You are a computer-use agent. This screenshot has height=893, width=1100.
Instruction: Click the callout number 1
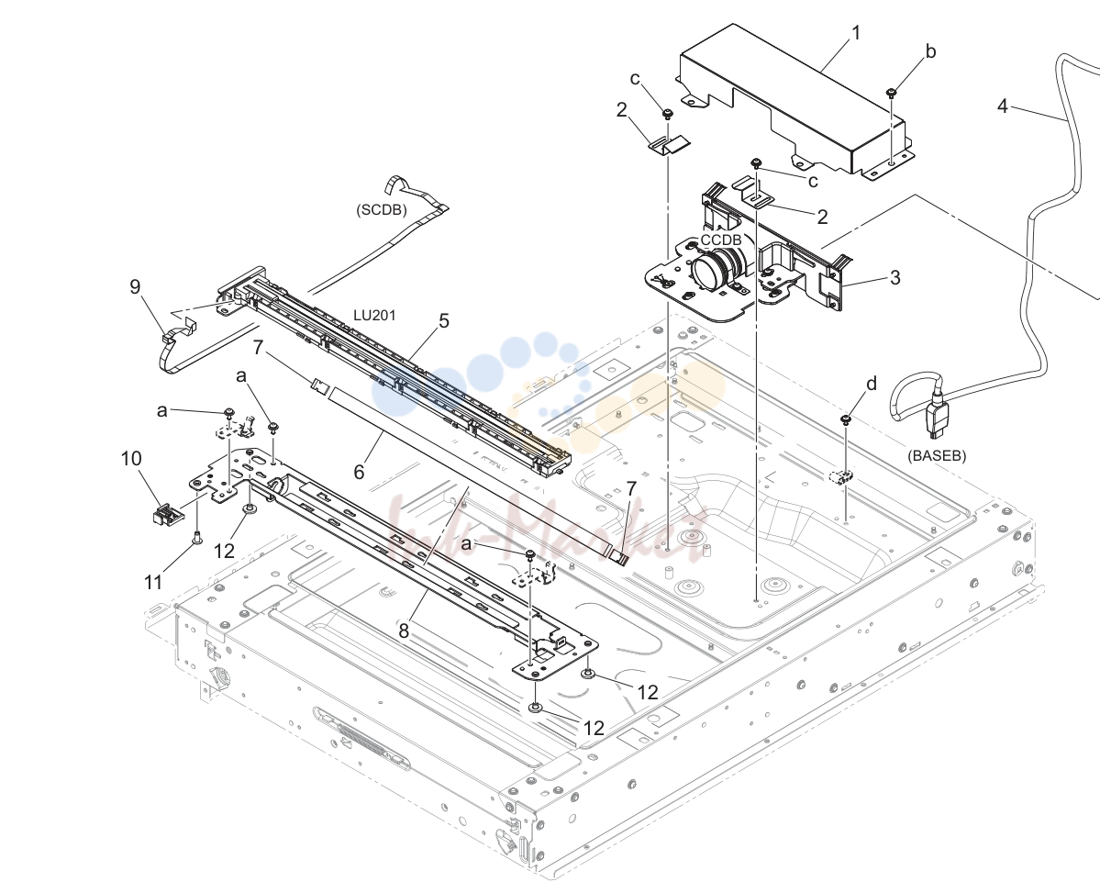click(x=856, y=33)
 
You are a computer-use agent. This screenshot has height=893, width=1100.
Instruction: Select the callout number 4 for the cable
click(x=1003, y=106)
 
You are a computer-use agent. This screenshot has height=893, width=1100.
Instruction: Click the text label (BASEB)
click(x=937, y=455)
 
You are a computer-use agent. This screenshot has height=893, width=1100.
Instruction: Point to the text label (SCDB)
click(x=382, y=210)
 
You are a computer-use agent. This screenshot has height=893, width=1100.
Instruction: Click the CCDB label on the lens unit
click(x=721, y=240)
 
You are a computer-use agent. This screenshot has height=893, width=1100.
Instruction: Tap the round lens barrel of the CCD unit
click(x=711, y=273)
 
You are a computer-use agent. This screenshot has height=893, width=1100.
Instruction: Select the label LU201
click(x=374, y=315)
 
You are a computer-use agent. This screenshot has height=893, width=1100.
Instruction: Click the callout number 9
click(x=135, y=286)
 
